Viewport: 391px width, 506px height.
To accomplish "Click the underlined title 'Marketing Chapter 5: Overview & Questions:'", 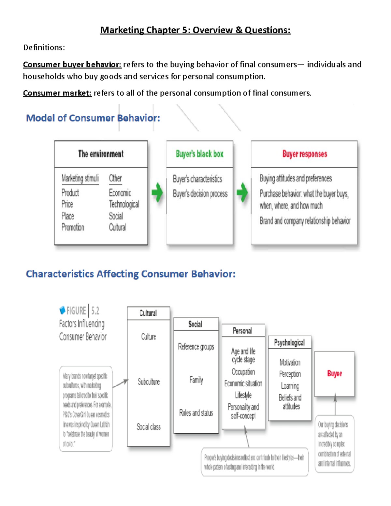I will click(195, 30).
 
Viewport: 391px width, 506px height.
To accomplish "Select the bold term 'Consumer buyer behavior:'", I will click(72, 65).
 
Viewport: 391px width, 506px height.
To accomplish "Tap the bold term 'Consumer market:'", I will click(57, 93).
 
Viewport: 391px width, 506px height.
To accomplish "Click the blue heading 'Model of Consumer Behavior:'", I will click(93, 118).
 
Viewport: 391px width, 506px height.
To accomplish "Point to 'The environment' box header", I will click(101, 154).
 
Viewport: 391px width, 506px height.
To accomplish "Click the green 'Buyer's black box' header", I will click(199, 154).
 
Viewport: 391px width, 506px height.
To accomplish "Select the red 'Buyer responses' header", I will click(304, 154).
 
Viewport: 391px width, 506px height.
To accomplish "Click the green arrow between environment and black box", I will click(157, 192).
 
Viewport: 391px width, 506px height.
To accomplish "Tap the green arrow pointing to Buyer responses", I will click(242, 192).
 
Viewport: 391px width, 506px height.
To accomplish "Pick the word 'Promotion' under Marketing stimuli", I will click(73, 227).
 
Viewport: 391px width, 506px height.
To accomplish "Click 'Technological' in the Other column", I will click(124, 204).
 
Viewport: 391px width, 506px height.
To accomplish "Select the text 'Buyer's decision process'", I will click(200, 194).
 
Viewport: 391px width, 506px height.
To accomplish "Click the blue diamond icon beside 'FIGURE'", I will click(62, 310).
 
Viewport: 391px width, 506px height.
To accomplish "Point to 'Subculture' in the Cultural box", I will click(149, 382).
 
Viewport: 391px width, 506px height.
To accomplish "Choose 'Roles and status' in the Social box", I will click(196, 413).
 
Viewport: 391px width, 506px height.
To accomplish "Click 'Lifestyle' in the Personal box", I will click(243, 395).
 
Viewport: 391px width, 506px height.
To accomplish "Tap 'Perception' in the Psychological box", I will click(290, 374).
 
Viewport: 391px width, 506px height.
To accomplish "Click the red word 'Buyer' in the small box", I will click(334, 373).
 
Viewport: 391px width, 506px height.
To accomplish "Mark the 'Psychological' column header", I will click(289, 342).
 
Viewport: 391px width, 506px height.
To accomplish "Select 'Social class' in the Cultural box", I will click(149, 427).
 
